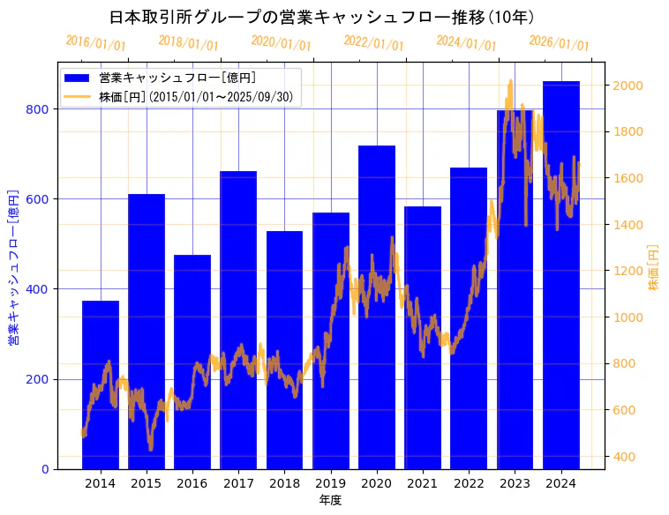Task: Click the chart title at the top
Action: pos(321,17)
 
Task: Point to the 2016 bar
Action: pos(192,362)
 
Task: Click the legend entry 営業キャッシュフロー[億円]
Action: pos(177,78)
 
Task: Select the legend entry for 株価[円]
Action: pos(195,96)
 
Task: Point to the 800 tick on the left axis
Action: pos(41,109)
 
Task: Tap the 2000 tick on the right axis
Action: pos(628,86)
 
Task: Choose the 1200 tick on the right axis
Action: pos(628,271)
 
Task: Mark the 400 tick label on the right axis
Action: pos(624,457)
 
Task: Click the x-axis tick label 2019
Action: pos(331,482)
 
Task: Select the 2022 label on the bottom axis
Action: pos(469,482)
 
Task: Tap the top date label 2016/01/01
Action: pos(95,42)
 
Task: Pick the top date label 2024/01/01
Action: pos(466,42)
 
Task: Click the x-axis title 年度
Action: pos(330,500)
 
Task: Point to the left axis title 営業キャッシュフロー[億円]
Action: pos(14,266)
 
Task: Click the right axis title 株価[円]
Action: pos(654,267)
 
